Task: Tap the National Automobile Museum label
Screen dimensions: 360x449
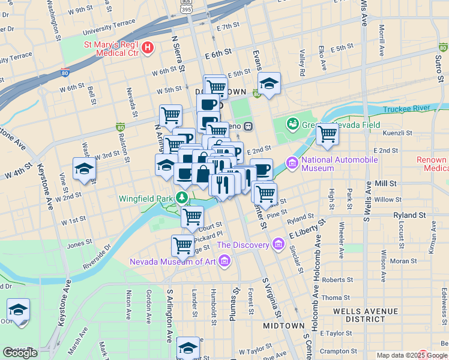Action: click(x=339, y=164)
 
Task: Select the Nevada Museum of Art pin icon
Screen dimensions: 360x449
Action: click(x=224, y=260)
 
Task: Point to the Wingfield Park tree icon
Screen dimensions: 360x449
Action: click(x=182, y=197)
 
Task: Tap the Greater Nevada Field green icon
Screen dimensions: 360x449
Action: click(x=293, y=124)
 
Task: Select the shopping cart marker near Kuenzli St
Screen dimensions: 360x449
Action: click(x=327, y=134)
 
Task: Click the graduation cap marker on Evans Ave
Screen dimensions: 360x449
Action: click(x=269, y=85)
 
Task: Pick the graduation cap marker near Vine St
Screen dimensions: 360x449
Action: click(x=84, y=169)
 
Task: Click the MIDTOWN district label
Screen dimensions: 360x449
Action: click(x=284, y=325)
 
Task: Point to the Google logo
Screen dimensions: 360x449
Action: click(x=20, y=353)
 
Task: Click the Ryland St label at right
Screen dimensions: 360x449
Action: click(x=409, y=214)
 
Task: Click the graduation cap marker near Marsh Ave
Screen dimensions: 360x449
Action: click(x=19, y=310)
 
